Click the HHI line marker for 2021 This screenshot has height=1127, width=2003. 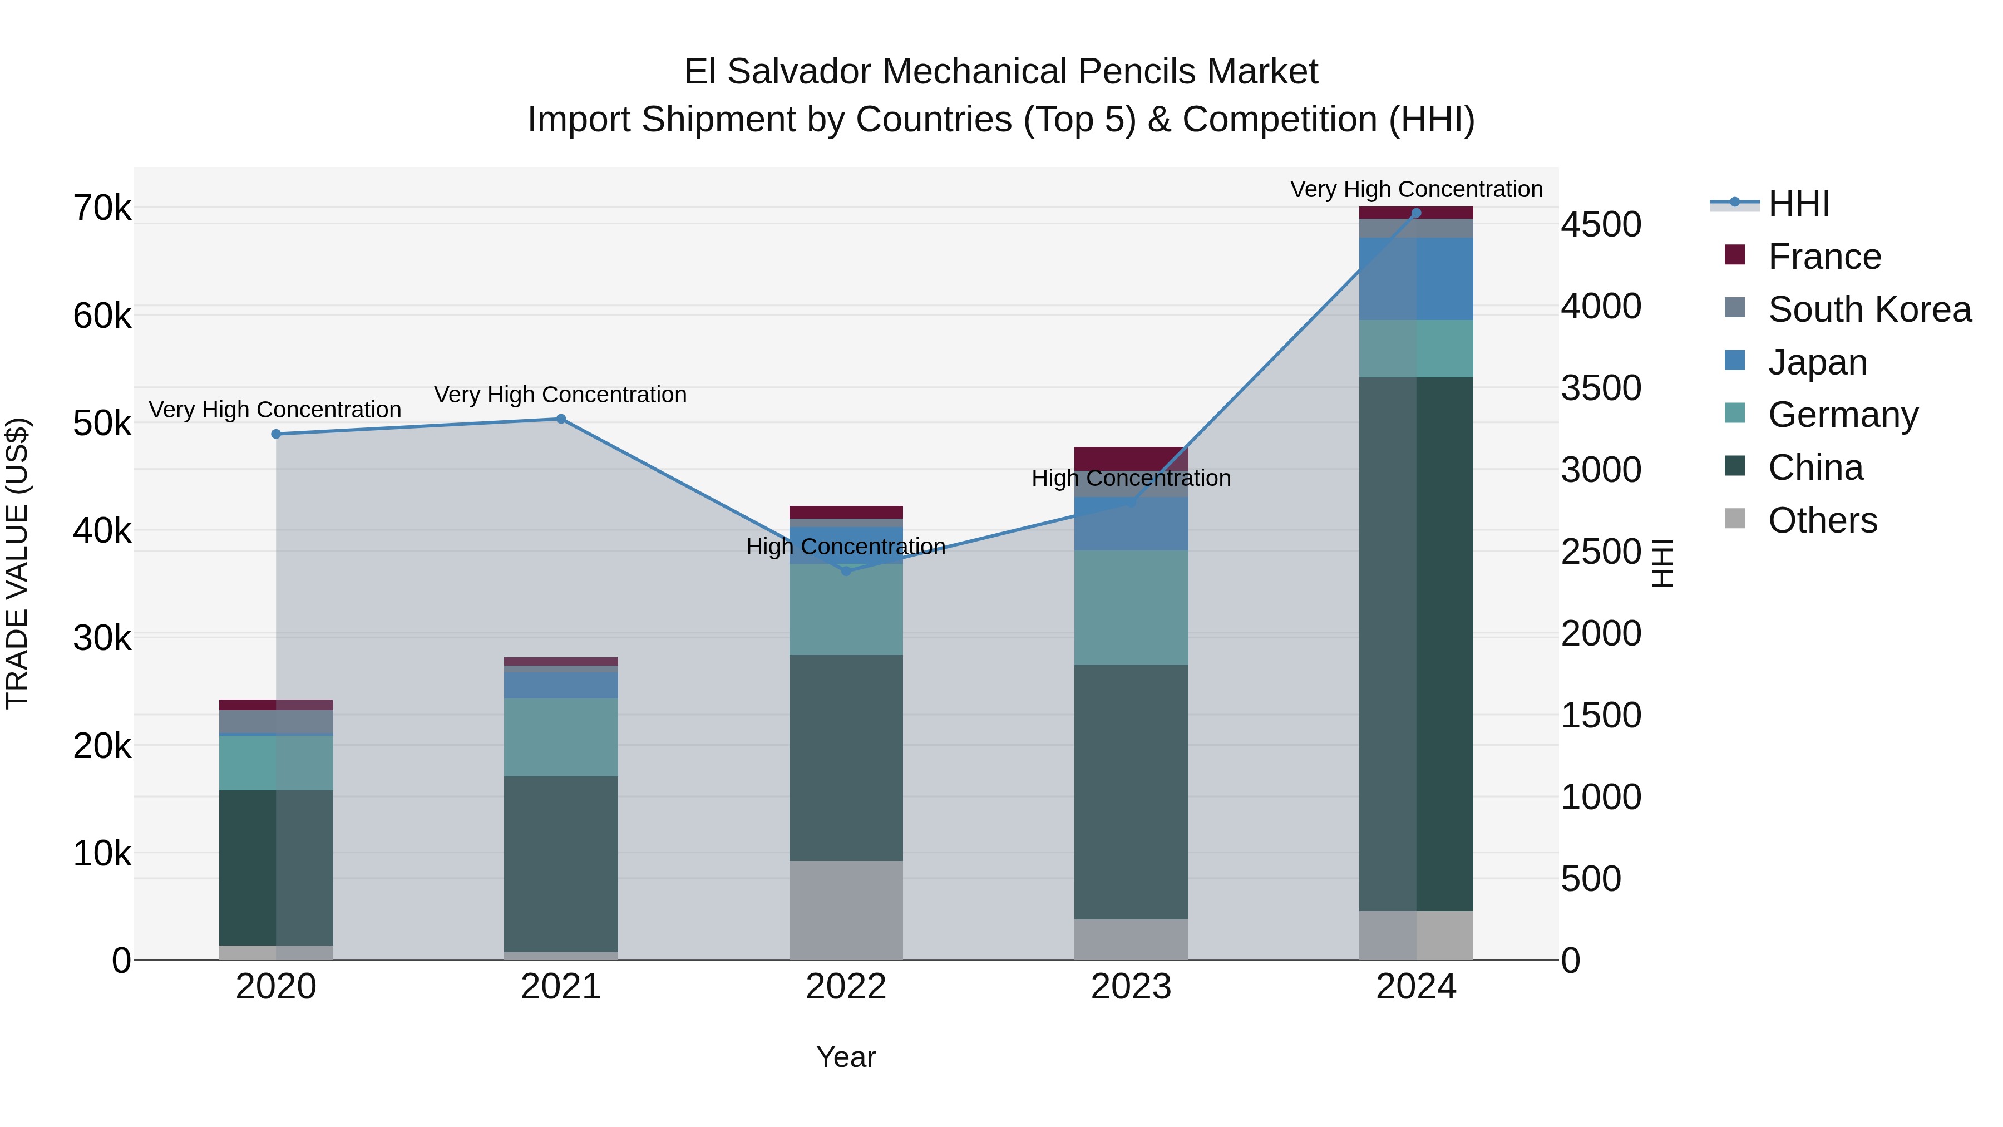tap(561, 419)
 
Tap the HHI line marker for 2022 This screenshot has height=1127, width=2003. tap(846, 572)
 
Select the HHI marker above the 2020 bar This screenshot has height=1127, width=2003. tap(276, 434)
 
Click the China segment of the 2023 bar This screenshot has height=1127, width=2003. tap(1131, 792)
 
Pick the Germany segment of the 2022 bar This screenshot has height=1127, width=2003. tap(846, 610)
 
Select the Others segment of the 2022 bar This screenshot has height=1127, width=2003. tap(846, 910)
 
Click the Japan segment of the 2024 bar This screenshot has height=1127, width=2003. tap(1416, 278)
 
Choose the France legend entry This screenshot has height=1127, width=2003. tap(1824, 257)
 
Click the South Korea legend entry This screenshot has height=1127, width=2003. tap(1869, 309)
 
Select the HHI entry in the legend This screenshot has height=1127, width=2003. tap(1798, 204)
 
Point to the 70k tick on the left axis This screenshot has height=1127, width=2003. tap(102, 209)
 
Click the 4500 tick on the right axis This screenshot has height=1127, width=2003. tap(1601, 225)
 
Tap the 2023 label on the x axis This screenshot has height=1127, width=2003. tap(1131, 987)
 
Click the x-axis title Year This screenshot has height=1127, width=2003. tap(846, 1057)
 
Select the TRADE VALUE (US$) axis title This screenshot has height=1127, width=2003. tap(17, 563)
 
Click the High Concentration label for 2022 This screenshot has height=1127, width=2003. tap(845, 547)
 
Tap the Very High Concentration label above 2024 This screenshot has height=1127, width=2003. tap(1416, 189)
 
